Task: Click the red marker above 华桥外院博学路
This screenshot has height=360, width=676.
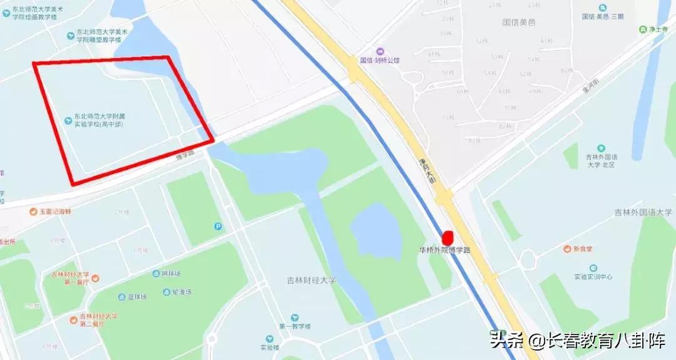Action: tap(448, 238)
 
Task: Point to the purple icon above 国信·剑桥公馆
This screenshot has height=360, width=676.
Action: tap(379, 51)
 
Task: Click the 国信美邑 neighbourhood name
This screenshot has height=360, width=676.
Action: tap(519, 22)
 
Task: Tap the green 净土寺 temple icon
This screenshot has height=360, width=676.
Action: tap(642, 29)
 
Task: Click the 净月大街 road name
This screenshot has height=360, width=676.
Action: tap(427, 171)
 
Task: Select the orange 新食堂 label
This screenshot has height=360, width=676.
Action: tap(579, 249)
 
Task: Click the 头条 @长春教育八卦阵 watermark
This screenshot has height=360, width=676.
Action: tap(581, 341)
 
